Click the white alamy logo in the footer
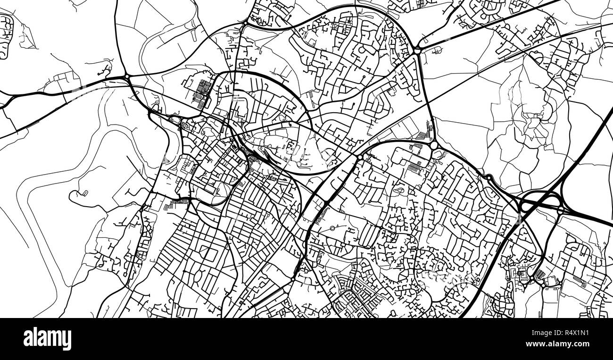(x=47, y=339)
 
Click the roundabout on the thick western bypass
(x=127, y=77)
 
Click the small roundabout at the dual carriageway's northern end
(x=360, y=157)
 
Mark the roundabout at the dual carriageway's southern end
(x=293, y=279)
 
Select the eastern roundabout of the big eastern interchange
(x=560, y=211)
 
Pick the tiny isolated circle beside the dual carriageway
(x=332, y=228)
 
